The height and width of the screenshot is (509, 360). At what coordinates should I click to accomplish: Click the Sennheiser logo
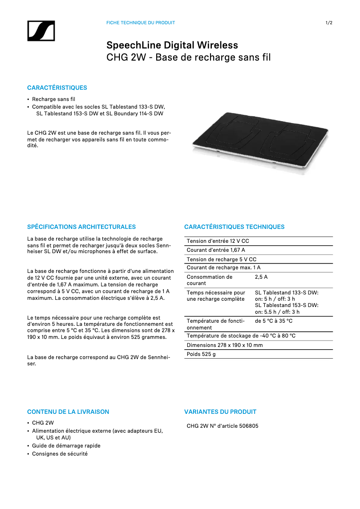coord(41,31)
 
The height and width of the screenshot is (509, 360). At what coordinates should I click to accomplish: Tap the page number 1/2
coord(329,23)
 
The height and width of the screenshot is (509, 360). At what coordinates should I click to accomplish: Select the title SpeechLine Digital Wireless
coord(172,45)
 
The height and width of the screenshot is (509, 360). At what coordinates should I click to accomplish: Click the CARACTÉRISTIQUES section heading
coord(57,88)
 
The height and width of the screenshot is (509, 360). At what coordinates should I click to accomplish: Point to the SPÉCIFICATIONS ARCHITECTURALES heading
coord(81,227)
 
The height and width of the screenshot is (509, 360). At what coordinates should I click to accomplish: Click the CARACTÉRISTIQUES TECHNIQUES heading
coord(234,227)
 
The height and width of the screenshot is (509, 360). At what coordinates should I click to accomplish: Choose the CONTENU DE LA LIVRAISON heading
coord(68,412)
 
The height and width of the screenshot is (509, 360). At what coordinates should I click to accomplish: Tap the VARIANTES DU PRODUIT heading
coord(220,412)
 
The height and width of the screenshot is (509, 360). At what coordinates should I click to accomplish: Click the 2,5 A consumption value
coord(261,277)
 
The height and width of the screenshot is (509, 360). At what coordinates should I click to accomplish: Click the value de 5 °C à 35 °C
coord(274,321)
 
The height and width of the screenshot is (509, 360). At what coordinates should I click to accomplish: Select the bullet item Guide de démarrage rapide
coord(66,446)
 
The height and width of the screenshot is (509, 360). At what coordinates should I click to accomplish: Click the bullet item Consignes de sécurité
coord(60,454)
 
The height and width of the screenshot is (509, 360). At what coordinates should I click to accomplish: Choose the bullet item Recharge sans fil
coord(53,99)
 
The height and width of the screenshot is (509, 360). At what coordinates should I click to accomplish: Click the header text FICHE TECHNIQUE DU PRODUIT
coord(140,23)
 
